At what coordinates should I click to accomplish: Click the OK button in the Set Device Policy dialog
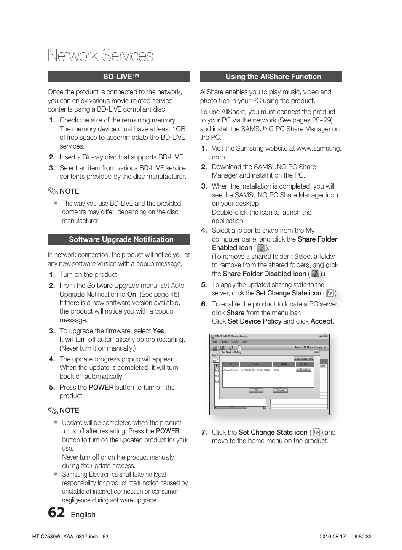(x=256, y=391)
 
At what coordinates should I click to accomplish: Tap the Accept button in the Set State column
(x=304, y=370)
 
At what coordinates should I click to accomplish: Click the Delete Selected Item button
(x=303, y=359)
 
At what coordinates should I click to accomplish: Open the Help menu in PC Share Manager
(x=244, y=342)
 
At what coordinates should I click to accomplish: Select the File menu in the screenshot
(x=215, y=342)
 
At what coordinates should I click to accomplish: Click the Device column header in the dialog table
(x=255, y=364)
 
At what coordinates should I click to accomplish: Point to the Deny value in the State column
(x=276, y=370)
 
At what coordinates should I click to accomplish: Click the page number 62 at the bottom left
(x=56, y=513)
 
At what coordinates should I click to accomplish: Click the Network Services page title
(x=100, y=56)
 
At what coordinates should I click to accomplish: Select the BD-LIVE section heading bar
(x=119, y=77)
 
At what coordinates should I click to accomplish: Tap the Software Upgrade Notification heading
(x=119, y=239)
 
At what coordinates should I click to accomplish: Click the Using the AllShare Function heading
(x=271, y=77)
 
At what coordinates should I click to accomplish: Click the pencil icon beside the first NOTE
(x=53, y=191)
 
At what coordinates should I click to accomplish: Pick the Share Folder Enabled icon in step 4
(x=261, y=248)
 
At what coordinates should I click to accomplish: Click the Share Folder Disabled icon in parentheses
(x=315, y=274)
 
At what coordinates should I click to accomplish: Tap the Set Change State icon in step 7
(x=316, y=432)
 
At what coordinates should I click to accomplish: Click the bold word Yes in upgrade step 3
(x=158, y=331)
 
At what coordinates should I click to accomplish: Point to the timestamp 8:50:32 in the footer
(x=363, y=537)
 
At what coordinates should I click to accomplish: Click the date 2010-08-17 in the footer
(x=332, y=537)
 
